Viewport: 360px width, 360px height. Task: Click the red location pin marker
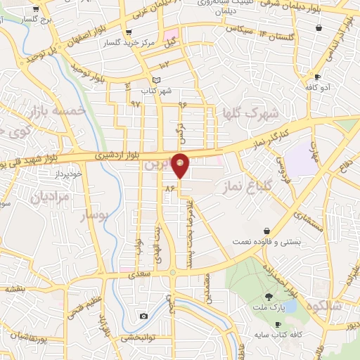point(181,165)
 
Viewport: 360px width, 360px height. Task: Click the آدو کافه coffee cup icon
point(317,77)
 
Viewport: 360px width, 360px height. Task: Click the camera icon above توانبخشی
point(143,316)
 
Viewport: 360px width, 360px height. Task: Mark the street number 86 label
point(169,188)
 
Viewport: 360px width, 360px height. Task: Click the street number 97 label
point(136,103)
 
